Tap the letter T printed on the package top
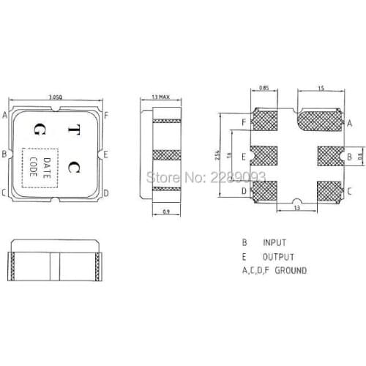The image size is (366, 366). point(73,130)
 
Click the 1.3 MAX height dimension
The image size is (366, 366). point(160,97)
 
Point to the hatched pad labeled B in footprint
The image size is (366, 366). point(328,156)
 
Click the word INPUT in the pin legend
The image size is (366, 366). point(275,242)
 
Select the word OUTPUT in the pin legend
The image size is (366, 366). point(278,257)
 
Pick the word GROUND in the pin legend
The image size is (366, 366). point(290,271)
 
